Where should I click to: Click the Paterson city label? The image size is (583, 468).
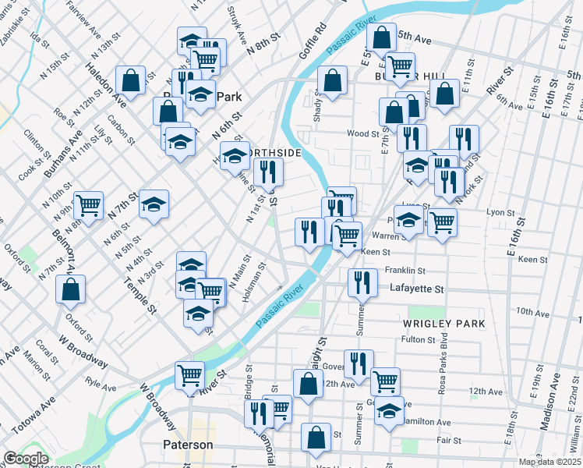pyautogui.click(x=188, y=445)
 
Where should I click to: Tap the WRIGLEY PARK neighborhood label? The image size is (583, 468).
pyautogui.click(x=444, y=323)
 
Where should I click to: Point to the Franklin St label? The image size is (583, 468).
pyautogui.click(x=405, y=271)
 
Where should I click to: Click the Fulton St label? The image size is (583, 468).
pyautogui.click(x=418, y=339)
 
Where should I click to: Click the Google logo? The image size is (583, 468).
pyautogui.click(x=26, y=459)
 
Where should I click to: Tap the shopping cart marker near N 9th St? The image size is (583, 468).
pyautogui.click(x=88, y=206)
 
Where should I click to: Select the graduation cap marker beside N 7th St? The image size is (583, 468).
pyautogui.click(x=154, y=204)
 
